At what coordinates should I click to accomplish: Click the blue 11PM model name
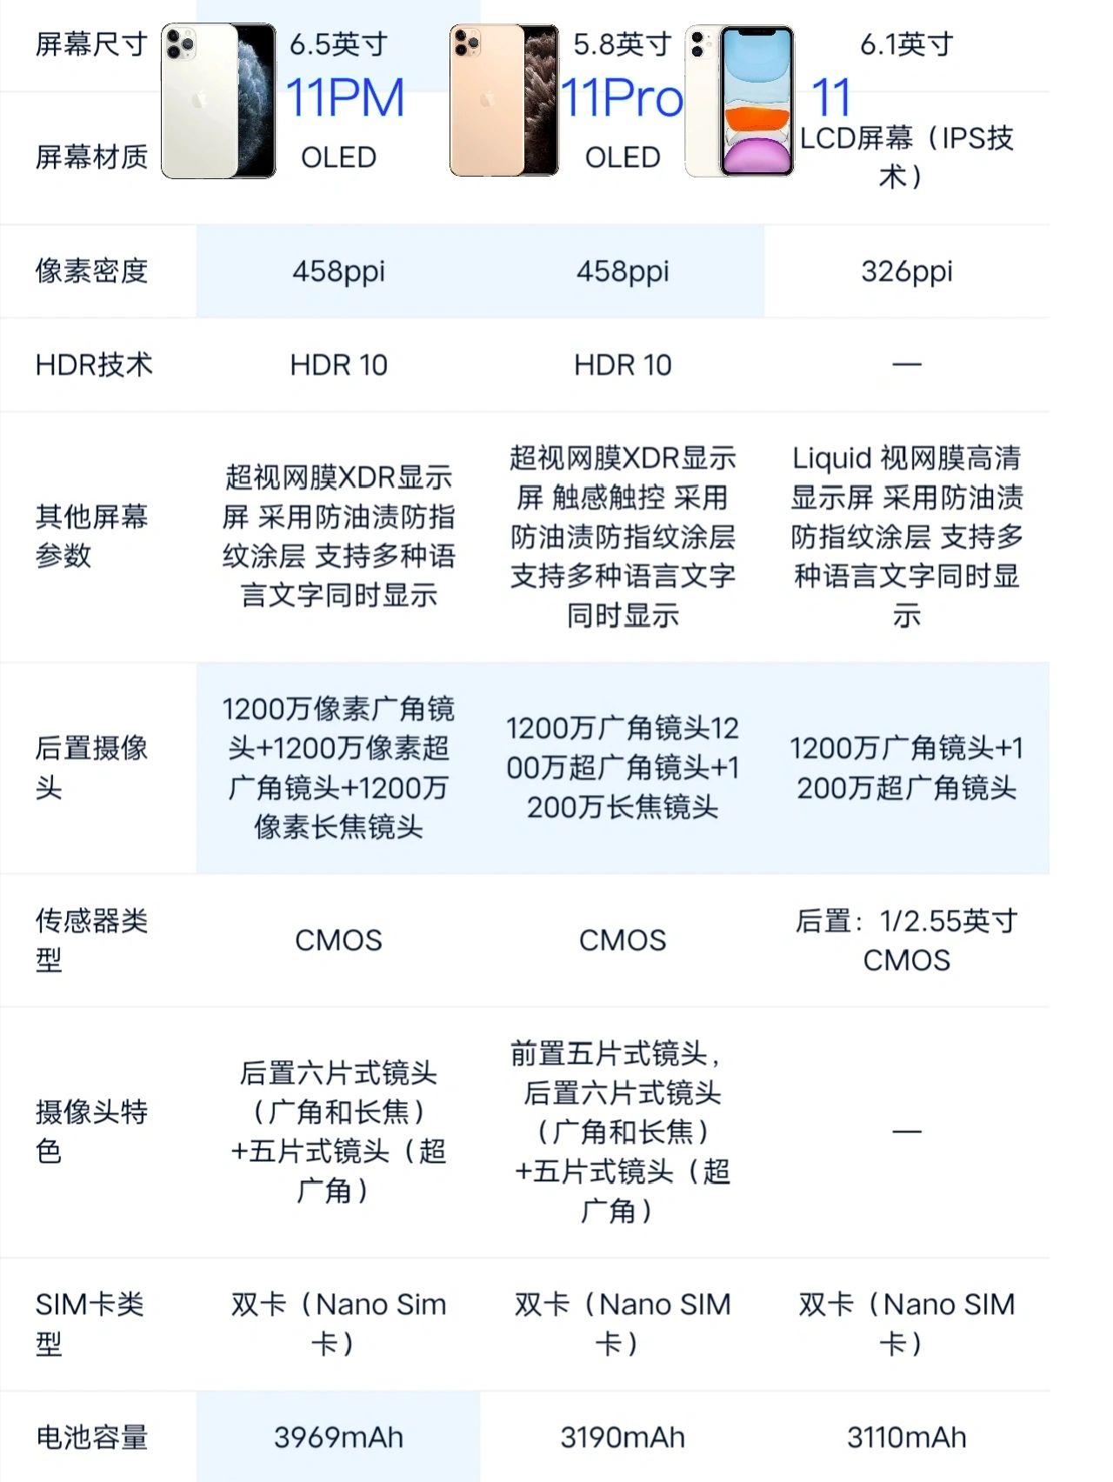[x=345, y=97]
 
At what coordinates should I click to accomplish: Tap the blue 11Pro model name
[x=622, y=97]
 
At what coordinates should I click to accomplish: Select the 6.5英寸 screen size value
[x=338, y=44]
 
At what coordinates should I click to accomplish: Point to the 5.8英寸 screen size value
[x=622, y=44]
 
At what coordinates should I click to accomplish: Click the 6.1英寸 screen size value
[x=906, y=44]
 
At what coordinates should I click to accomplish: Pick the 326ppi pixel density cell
[x=906, y=271]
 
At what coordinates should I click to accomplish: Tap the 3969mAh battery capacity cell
[x=338, y=1437]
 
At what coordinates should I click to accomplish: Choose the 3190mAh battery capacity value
[x=622, y=1437]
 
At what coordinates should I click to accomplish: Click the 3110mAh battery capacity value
[x=906, y=1437]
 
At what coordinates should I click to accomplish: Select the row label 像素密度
[x=91, y=271]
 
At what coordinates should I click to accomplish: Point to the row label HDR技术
[x=94, y=364]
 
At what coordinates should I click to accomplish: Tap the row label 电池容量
[x=91, y=1437]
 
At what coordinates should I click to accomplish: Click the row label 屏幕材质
[x=91, y=157]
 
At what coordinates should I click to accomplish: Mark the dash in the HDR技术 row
[x=906, y=364]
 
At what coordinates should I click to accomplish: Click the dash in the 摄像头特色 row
[x=906, y=1132]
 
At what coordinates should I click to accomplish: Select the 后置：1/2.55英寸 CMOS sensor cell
[x=906, y=940]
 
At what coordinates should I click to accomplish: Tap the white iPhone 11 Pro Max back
[x=200, y=102]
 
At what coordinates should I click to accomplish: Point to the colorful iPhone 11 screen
[x=756, y=102]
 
